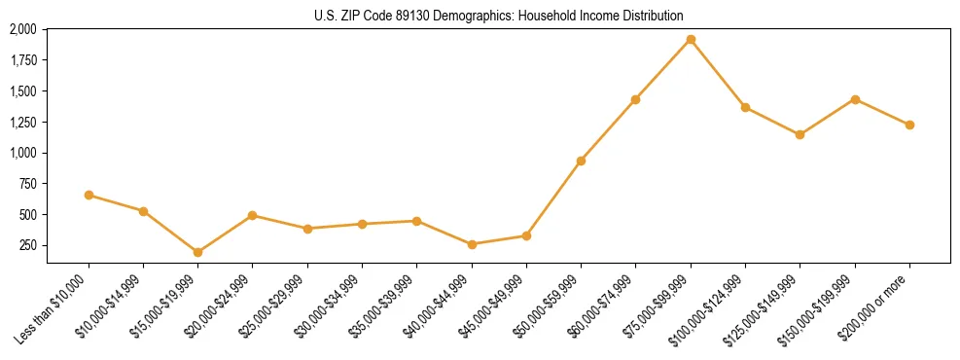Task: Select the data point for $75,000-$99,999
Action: point(691,40)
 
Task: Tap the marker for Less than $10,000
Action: point(89,196)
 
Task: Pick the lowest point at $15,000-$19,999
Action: point(197,252)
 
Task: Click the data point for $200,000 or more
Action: point(909,125)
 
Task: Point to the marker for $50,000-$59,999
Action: point(581,161)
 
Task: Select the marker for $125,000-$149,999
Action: point(800,134)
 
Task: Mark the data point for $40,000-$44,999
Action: point(472,244)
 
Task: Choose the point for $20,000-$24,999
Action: point(253,215)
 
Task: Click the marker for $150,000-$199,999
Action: point(855,99)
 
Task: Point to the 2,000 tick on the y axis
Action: point(22,29)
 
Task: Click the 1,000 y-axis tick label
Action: point(22,153)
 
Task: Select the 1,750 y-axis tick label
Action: point(22,60)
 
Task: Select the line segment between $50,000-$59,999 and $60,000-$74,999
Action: point(608,130)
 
